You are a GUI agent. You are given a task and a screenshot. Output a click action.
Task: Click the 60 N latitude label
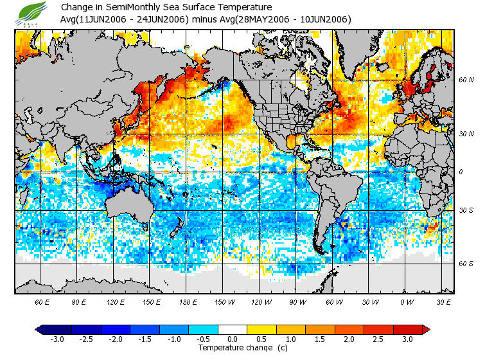466,80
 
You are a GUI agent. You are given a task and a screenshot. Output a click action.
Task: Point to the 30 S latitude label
466,210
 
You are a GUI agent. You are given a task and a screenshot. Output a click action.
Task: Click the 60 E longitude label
42,301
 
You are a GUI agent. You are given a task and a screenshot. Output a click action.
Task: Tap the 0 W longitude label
406,301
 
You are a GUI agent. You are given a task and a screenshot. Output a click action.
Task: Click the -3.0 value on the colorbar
57,339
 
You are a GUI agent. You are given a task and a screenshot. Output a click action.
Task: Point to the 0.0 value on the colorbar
233,339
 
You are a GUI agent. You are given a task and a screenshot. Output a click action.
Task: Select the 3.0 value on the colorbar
408,339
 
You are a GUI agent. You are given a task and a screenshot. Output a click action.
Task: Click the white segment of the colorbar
233,329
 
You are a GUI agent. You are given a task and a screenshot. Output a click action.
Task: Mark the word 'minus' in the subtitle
206,19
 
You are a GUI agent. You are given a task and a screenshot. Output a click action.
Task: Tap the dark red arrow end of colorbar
426,329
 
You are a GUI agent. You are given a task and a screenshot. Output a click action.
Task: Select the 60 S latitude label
466,264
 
